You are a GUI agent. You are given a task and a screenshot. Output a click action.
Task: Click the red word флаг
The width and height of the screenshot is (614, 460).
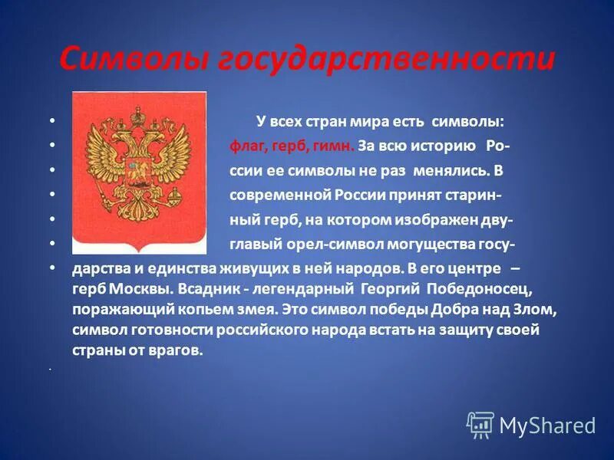click(246, 146)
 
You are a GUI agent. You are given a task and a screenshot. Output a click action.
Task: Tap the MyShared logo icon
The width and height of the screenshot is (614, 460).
click(480, 425)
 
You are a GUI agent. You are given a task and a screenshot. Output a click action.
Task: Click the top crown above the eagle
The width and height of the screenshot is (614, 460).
click(139, 115)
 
